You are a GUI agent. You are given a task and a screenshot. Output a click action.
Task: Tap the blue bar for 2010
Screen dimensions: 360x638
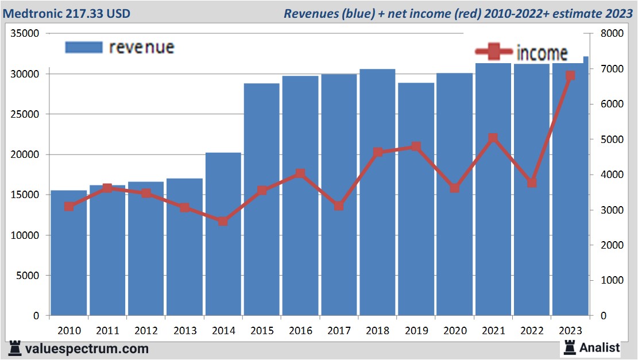68,253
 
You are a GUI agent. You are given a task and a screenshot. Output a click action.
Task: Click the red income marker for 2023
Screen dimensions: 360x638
570,76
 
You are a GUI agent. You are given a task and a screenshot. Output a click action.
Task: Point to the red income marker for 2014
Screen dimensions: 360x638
223,221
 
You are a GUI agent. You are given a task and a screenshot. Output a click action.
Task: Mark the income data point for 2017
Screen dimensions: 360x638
339,206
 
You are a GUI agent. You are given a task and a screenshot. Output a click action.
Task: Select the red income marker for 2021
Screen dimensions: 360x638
493,138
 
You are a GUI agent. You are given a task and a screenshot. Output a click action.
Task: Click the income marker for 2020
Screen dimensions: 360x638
454,188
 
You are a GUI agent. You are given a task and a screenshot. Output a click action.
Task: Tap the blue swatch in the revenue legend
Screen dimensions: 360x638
83,47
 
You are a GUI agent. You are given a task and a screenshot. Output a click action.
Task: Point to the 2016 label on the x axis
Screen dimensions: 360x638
300,331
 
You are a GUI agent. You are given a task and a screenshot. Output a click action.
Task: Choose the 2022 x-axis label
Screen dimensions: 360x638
532,331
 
